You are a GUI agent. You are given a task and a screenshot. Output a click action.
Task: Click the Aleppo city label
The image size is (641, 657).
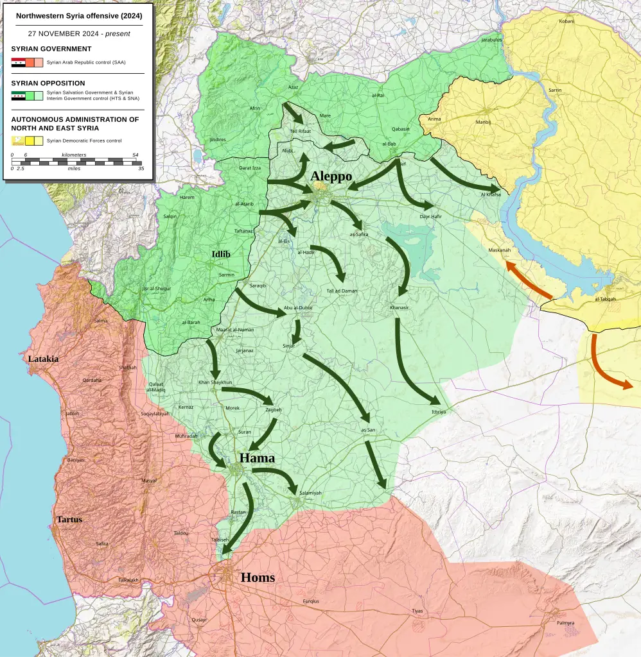331,176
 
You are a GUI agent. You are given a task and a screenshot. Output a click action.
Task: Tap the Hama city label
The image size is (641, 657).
257,458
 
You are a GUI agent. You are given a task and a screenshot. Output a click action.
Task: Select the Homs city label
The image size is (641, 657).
258,577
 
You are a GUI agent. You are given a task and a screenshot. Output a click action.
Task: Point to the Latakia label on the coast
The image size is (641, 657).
43,359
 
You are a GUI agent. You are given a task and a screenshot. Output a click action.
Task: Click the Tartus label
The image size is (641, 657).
69,519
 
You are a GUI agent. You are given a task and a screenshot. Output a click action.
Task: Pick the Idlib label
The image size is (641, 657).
221,255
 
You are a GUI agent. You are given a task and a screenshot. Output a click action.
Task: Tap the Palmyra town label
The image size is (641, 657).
565,623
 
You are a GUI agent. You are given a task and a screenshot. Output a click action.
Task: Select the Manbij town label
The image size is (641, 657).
483,121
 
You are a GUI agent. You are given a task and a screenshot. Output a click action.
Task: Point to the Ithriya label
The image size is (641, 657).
439,411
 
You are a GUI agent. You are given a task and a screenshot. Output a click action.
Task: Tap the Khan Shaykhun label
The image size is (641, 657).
215,382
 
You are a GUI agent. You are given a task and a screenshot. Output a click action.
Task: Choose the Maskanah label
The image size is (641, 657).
499,250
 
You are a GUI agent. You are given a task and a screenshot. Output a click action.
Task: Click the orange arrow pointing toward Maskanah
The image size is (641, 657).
529,280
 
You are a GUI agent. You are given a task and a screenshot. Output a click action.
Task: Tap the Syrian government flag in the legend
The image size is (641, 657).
18,62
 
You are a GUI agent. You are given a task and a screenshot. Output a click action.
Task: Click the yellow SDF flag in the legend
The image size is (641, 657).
18,141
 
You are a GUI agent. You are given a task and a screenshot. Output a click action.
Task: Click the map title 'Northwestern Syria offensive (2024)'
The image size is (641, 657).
80,15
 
